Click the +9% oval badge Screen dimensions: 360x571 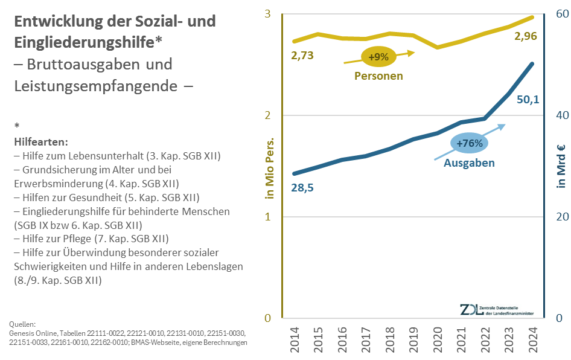[x=378, y=57]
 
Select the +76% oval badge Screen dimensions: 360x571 [x=470, y=144]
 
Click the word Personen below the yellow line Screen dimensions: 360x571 [x=378, y=76]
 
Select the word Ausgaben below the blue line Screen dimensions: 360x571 [x=469, y=163]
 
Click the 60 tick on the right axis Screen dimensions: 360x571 [x=561, y=14]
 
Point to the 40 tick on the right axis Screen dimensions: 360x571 [x=561, y=115]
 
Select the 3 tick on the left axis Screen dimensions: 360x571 [x=267, y=14]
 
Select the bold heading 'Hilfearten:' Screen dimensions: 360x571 [x=41, y=142]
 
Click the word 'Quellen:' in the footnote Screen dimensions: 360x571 [x=24, y=324]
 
